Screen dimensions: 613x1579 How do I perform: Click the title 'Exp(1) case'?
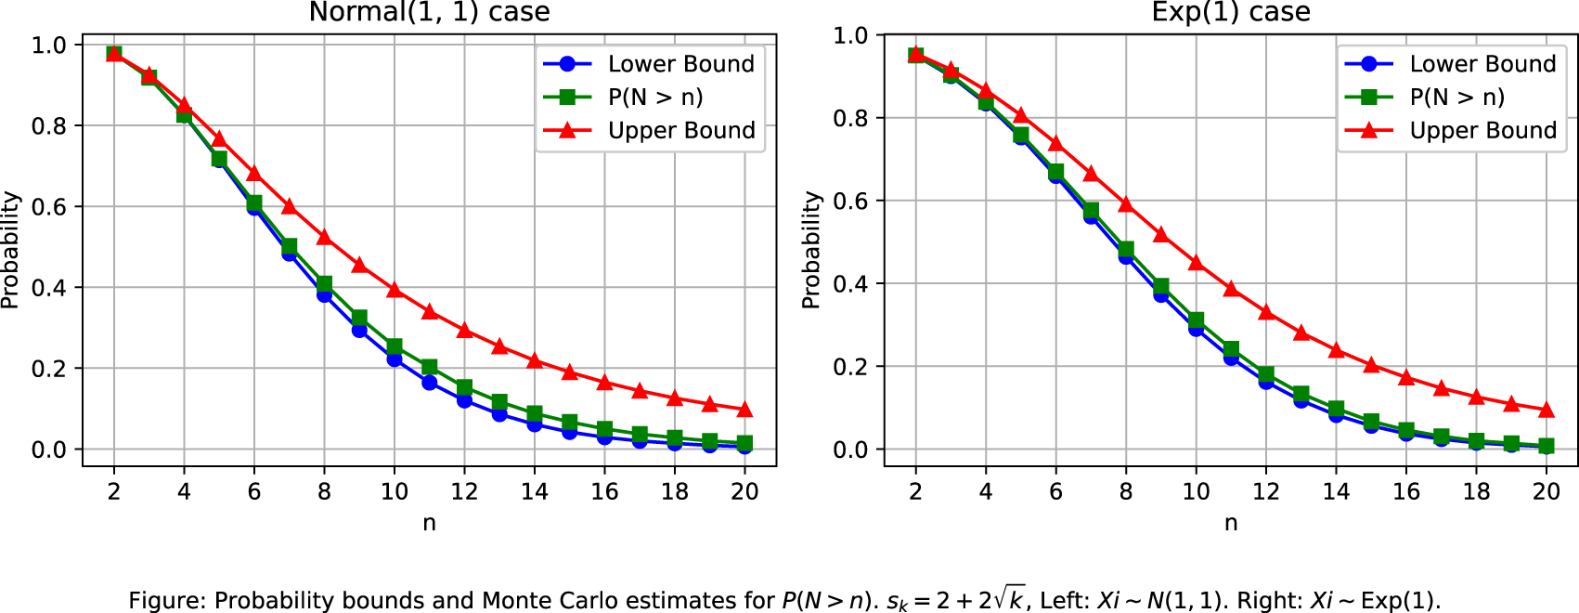(1231, 12)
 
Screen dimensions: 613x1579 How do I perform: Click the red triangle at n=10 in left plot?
(395, 290)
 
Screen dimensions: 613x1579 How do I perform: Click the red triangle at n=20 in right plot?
(1547, 410)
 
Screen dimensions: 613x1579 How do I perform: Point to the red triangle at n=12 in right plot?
(1266, 312)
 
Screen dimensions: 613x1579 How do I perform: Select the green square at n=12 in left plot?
(464, 387)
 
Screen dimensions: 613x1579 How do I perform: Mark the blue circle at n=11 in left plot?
(430, 382)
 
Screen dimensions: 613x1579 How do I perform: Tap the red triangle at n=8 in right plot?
(1126, 204)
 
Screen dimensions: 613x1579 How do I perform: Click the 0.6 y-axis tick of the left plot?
(48, 206)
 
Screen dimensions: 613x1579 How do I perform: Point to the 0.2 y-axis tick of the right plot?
(850, 367)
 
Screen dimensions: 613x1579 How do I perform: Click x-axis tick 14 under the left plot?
(535, 491)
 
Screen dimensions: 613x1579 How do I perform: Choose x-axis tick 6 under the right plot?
(1055, 491)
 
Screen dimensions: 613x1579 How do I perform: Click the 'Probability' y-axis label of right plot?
(811, 250)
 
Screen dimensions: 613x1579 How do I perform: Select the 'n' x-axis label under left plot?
(429, 523)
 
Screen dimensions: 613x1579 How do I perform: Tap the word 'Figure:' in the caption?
(167, 601)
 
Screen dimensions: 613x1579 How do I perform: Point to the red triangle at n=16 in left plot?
(604, 383)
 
